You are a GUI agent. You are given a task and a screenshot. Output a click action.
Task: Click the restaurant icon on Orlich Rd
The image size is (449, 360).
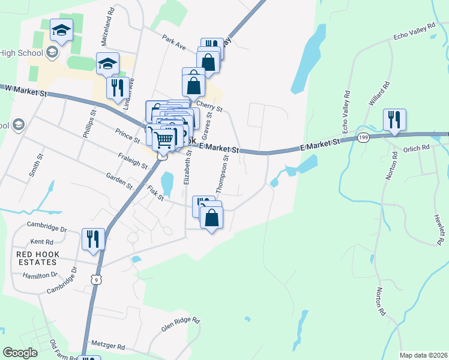point(394,119)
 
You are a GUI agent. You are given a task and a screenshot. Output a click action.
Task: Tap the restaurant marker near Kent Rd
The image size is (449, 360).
point(93,239)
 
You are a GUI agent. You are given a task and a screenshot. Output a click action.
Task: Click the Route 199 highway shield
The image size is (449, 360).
point(363,137)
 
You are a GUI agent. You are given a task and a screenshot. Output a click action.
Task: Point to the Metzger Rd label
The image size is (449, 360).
point(108,347)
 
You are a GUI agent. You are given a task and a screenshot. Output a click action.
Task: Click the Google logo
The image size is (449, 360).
point(20,353)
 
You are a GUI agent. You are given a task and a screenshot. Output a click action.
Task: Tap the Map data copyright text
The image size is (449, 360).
point(424,355)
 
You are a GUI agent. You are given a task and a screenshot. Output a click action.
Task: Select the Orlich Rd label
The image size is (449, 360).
point(417,148)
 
